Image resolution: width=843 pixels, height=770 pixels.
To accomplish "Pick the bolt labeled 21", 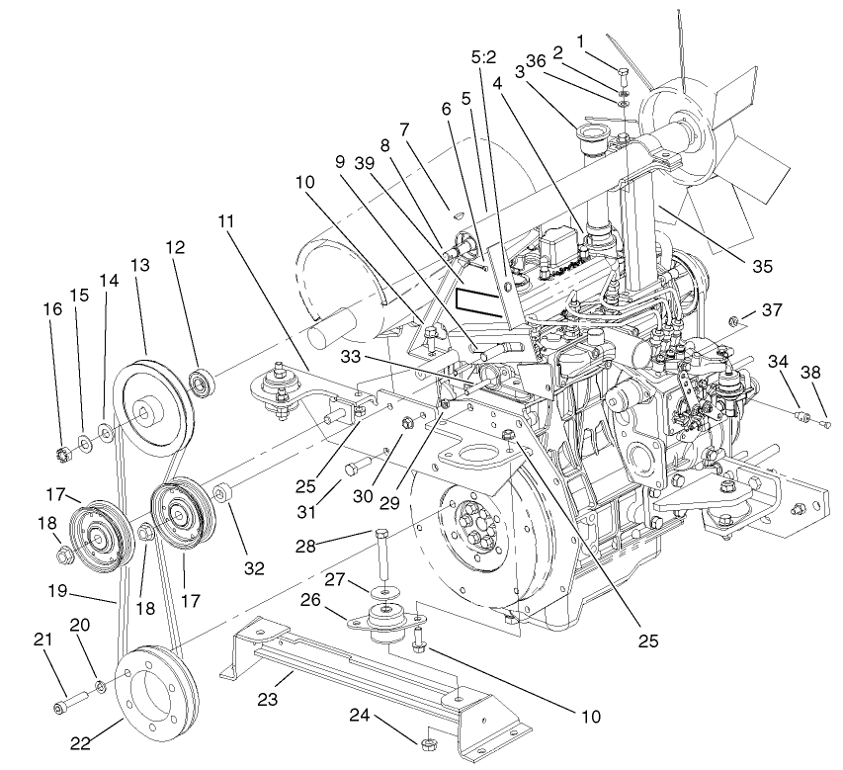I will [70, 704].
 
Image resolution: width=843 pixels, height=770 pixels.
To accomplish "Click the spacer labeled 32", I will [224, 491].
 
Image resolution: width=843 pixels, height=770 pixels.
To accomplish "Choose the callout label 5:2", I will [484, 58].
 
